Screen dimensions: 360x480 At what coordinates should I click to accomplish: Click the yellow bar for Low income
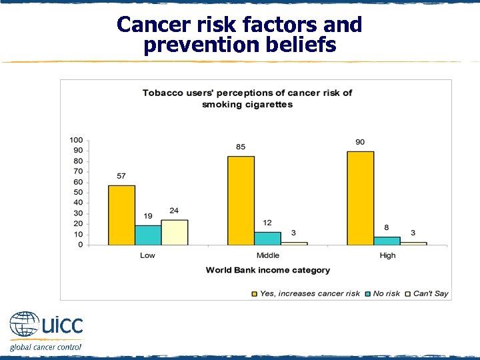click(121, 215)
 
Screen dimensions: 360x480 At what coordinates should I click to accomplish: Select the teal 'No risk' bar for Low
click(148, 235)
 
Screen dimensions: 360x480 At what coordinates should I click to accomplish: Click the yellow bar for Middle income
click(241, 200)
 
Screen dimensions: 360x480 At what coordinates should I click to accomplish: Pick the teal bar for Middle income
click(267, 239)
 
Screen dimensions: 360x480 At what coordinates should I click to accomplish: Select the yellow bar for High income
click(361, 197)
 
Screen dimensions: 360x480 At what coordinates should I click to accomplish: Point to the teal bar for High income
click(387, 241)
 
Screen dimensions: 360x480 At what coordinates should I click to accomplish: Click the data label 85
click(241, 147)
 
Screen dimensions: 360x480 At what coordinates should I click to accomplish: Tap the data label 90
click(360, 142)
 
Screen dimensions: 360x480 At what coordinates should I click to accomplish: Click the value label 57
click(121, 176)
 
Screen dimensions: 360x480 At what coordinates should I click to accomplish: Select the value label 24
click(174, 211)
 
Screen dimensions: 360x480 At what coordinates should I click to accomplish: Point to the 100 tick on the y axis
click(77, 140)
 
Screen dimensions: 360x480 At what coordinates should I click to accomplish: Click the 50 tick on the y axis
click(79, 193)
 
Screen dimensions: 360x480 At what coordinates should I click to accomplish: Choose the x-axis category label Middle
click(267, 255)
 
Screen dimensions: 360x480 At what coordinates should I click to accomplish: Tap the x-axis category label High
click(387, 255)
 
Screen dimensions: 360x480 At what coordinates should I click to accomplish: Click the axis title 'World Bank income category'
click(267, 270)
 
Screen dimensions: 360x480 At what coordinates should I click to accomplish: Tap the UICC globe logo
click(24, 326)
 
